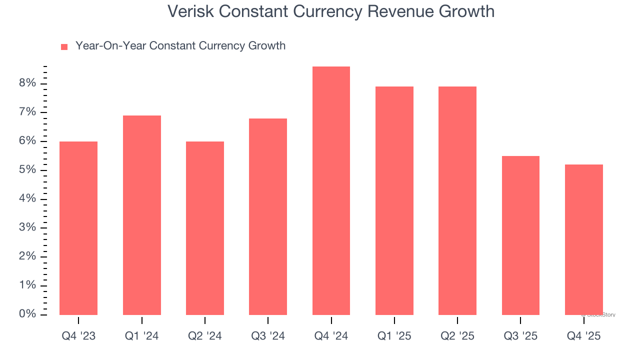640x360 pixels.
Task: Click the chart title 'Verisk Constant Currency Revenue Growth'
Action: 330,11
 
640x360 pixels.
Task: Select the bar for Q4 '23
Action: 78,228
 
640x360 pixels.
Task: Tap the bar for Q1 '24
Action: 142,215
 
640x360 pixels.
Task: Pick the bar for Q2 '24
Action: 205,228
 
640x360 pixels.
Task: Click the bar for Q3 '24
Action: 268,216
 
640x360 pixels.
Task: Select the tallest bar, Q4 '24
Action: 331,190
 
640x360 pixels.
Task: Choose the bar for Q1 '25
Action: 394,200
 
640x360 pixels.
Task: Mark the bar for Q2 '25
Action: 457,200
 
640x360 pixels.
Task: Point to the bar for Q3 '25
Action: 520,235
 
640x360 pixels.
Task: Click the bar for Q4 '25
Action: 584,239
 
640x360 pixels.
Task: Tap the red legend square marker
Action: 64,46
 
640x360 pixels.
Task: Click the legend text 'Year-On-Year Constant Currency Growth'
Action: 180,46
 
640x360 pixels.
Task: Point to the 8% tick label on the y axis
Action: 28,83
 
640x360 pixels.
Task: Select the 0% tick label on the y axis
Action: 28,314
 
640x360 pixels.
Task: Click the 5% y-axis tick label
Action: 28,170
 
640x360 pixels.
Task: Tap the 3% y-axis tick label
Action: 28,227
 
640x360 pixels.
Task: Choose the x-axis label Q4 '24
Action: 331,336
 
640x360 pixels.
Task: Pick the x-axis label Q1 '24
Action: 142,336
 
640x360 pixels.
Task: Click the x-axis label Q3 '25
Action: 520,336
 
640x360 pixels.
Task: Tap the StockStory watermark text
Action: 599,315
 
